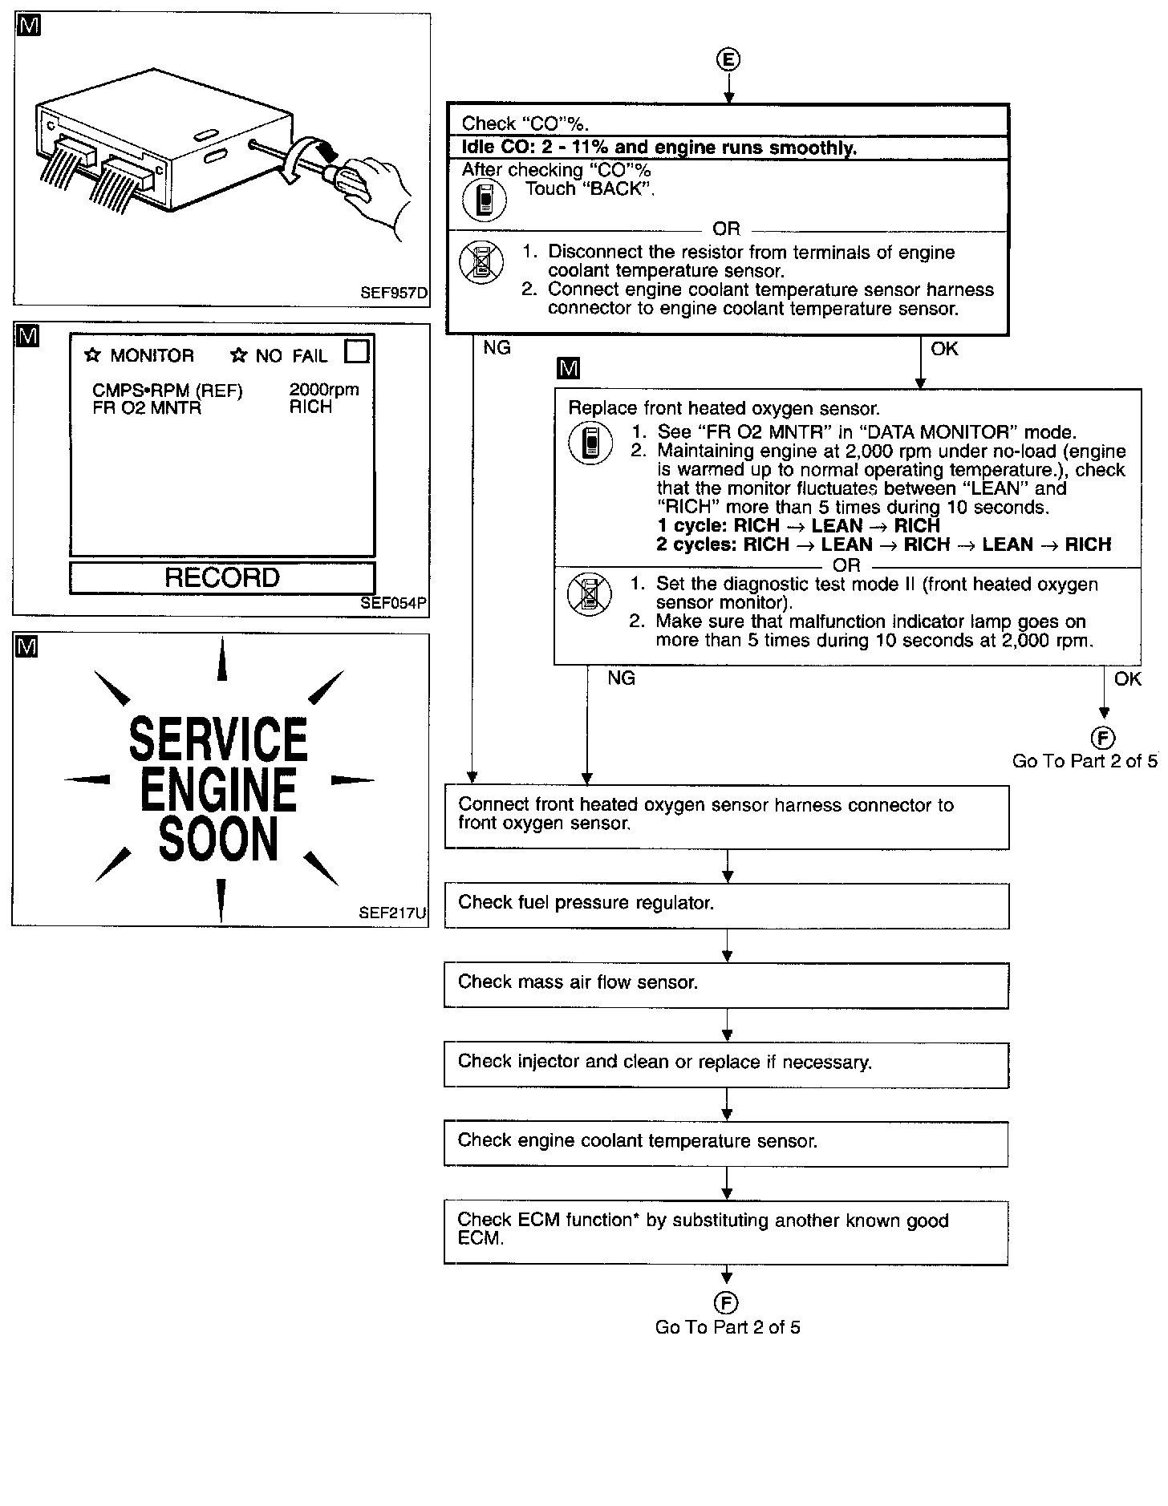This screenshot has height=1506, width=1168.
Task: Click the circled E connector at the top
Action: point(728,59)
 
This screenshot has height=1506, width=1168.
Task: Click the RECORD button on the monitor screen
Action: point(222,578)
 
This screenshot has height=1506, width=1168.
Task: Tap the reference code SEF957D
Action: point(393,294)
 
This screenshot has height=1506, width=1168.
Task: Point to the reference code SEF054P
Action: point(393,603)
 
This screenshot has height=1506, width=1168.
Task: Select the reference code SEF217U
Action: point(393,913)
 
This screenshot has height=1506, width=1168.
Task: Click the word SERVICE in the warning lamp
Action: point(219,739)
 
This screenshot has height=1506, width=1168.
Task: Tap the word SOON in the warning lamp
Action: point(218,839)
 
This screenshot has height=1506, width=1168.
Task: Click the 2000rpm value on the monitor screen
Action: point(324,390)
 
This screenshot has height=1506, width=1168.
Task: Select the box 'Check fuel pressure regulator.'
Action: point(727,906)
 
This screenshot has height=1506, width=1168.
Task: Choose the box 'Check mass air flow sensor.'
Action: point(727,986)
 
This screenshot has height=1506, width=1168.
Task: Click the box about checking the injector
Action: point(727,1065)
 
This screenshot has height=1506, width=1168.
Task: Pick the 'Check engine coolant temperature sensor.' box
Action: point(726,1144)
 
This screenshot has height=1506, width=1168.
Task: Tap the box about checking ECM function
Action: point(726,1233)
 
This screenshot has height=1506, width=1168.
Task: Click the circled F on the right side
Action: point(1104,737)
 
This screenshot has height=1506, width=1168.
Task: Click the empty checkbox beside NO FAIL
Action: point(357,352)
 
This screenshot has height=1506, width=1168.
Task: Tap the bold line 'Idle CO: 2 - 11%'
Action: point(659,148)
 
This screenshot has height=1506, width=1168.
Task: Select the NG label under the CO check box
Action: point(497,348)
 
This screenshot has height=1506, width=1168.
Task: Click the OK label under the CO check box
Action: point(944,349)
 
